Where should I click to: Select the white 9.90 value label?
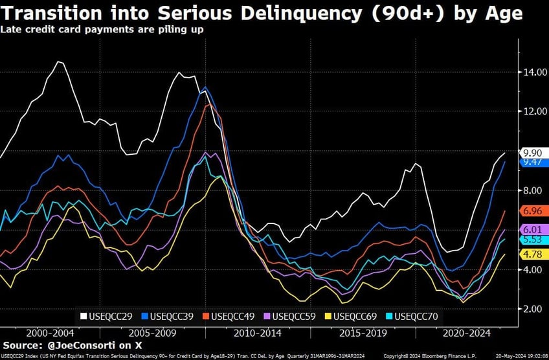tap(533, 153)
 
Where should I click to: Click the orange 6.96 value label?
tap(533, 211)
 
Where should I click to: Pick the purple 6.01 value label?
tap(533, 230)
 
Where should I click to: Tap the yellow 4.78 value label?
tap(533, 254)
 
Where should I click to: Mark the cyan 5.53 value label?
tap(533, 240)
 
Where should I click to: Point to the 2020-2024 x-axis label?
tap(466, 333)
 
